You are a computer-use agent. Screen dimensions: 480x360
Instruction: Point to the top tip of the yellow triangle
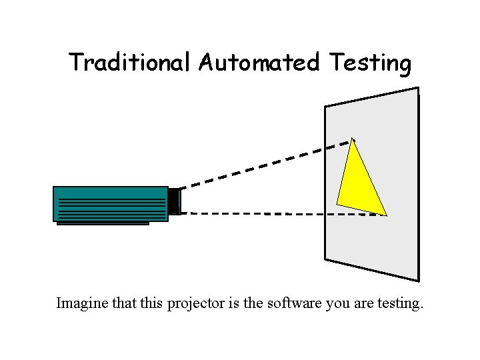[353, 139]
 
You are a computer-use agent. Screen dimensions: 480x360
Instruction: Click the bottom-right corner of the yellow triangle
[386, 215]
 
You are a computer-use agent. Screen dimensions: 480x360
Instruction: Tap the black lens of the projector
[174, 201]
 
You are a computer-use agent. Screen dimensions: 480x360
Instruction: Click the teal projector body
[110, 203]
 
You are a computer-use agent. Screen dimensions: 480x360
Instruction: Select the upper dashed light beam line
[267, 163]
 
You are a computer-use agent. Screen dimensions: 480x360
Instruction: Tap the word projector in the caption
[195, 305]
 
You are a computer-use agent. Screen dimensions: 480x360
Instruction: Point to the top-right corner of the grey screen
[418, 87]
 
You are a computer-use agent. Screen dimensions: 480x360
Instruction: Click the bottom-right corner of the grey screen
[419, 281]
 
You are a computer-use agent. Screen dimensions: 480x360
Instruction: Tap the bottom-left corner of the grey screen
[325, 259]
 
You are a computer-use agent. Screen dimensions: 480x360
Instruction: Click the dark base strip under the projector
[103, 223]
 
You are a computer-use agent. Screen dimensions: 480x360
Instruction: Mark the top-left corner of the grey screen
[325, 107]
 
